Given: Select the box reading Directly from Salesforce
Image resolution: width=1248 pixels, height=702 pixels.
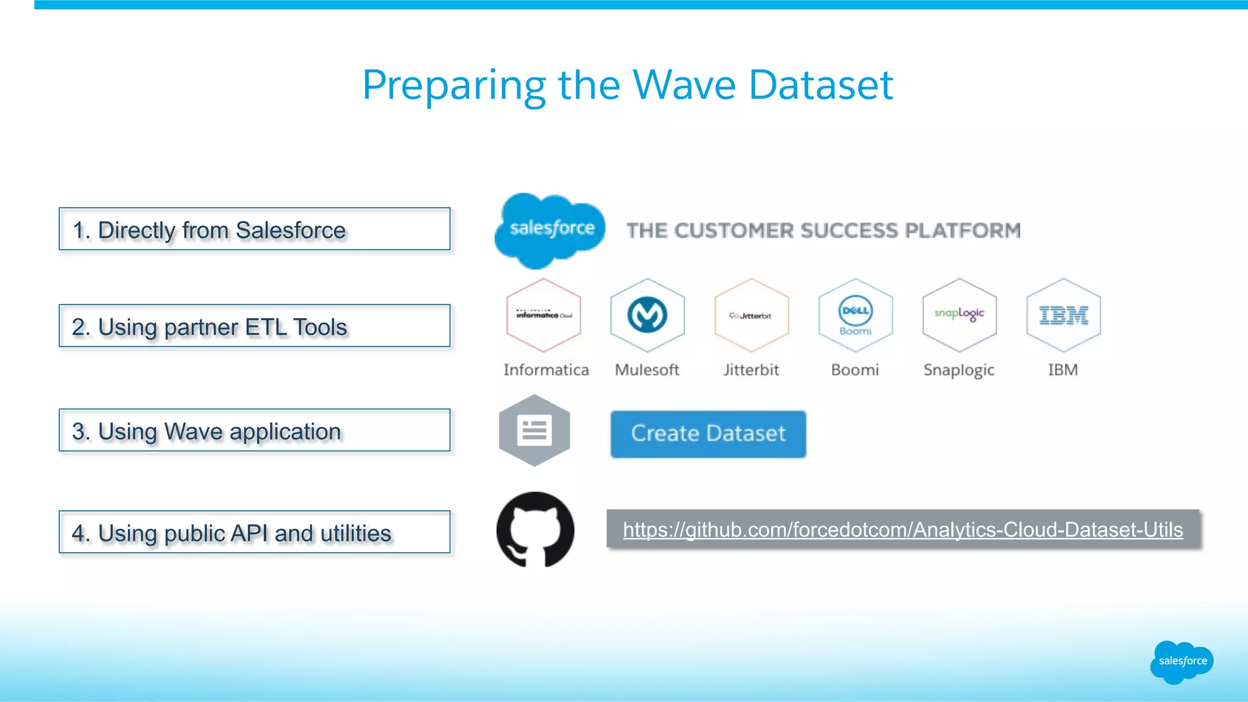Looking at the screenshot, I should pos(254,230).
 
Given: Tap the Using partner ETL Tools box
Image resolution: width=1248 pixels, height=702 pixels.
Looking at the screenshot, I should pos(254,326).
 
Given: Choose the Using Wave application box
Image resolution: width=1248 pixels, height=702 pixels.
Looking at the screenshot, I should pos(254,430).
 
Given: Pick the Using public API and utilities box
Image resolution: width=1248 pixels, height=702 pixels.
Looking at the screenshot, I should pos(254,533).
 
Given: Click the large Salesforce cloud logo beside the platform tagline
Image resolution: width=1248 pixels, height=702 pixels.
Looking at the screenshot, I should pos(550,230).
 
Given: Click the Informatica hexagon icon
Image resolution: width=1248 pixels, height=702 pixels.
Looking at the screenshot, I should pos(544,315).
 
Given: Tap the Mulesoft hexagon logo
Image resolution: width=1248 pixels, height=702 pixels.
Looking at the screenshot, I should pos(647,315).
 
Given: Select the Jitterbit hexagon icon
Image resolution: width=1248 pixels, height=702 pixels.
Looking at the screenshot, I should pos(751,315).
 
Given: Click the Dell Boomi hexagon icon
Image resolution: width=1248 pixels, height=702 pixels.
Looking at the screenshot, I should pos(856,315).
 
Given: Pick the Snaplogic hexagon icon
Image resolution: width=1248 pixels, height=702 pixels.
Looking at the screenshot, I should pos(959,315).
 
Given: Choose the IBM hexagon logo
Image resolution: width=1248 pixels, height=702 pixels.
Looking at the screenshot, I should pos(1063,315).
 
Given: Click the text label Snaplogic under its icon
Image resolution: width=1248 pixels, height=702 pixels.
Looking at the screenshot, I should pos(959,370).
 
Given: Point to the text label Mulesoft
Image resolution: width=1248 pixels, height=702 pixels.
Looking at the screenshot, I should pos(647,370).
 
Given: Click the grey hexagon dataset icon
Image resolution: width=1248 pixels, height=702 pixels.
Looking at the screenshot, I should pos(534,430).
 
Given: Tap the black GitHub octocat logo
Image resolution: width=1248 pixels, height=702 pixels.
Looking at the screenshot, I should pos(535,529).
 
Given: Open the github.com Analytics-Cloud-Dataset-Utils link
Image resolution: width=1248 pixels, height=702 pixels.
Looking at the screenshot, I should pos(902,530).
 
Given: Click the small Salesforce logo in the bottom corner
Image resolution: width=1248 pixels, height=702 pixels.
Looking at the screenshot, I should pos(1182,661).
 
